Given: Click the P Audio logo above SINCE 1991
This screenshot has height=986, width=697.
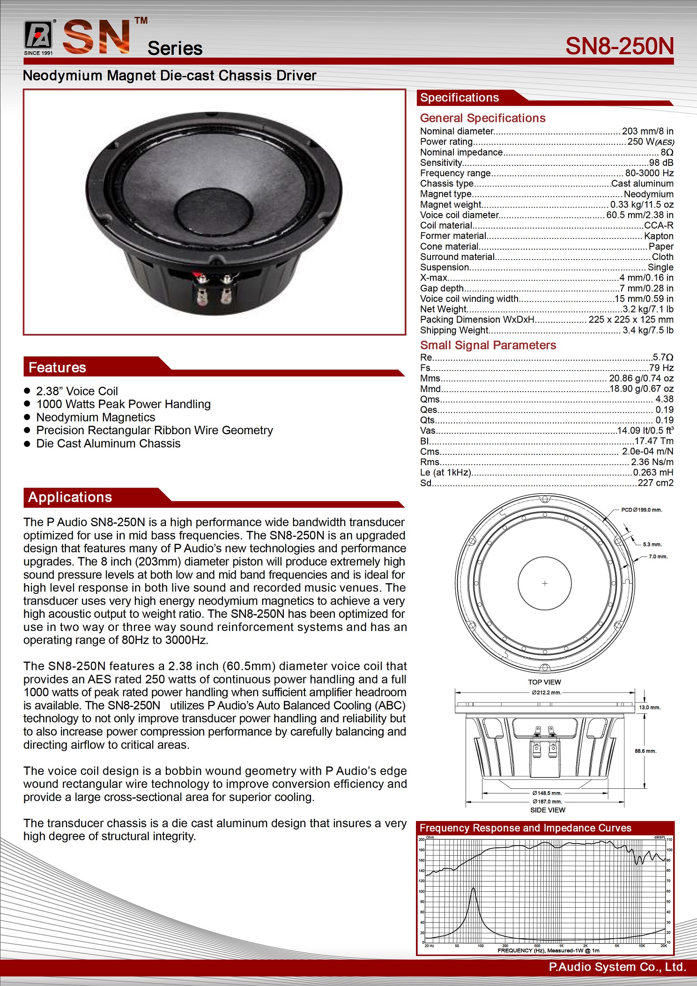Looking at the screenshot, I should coord(38,35).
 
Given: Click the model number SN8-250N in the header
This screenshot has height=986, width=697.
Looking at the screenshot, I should coord(619,46).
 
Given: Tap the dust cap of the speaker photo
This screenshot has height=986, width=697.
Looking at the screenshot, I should coord(213,210).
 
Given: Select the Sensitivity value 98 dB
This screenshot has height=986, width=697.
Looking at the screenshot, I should coord(661,163).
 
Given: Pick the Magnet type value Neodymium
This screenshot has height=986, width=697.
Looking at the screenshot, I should coord(648,194).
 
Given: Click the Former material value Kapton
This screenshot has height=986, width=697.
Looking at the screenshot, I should coord(659,236).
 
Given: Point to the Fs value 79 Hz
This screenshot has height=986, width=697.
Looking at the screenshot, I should coord(661,368).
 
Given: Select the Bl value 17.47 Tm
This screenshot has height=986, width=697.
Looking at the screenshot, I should coord(653,441).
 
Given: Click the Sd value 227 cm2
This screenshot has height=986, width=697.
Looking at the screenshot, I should coord(655,483).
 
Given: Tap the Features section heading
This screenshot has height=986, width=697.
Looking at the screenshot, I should coord(57,368).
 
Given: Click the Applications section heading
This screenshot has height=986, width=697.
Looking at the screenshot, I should coord(70,497).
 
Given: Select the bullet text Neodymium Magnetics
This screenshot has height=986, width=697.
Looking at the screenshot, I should coord(96,417).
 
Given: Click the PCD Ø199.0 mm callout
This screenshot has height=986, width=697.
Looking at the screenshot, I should coord(641,510).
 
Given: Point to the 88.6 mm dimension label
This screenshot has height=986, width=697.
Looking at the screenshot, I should coord(645,751).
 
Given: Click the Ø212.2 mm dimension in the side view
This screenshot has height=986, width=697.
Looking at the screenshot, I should coord(546,692).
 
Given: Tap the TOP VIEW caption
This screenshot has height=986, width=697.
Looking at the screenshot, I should coord(544,682).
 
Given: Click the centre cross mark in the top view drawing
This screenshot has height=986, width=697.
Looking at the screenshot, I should coord(545,583).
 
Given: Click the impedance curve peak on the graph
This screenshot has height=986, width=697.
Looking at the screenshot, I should coord(473,888).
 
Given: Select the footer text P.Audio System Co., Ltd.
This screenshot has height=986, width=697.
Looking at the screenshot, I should coord(617,967).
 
